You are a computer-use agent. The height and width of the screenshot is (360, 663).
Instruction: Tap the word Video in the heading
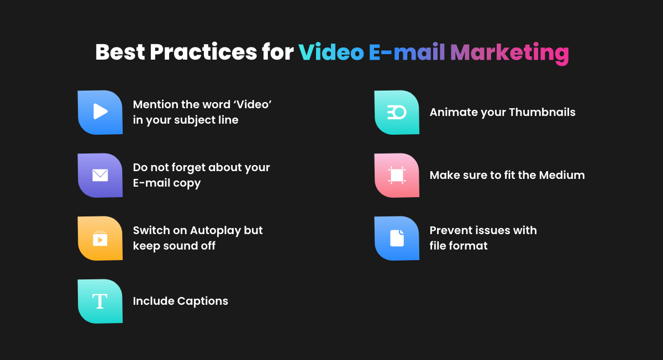(x=331, y=52)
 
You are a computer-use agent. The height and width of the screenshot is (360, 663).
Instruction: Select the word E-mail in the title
(x=407, y=52)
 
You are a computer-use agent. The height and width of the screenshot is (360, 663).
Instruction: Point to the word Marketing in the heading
(x=509, y=53)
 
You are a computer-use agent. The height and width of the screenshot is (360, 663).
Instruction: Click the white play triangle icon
(x=101, y=112)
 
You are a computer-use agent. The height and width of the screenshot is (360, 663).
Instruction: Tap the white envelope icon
(x=100, y=175)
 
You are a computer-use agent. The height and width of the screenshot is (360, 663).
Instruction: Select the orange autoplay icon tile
(x=100, y=239)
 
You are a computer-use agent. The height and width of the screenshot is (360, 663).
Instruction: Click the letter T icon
(x=100, y=301)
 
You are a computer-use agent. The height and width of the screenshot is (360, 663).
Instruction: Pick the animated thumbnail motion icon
(x=397, y=113)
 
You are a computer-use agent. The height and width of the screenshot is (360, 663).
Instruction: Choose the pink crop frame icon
(x=397, y=175)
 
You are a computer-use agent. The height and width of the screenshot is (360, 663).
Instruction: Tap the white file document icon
(x=397, y=238)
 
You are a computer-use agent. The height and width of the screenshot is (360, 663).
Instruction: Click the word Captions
(x=203, y=301)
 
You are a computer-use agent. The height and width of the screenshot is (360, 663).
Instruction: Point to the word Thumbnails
(x=542, y=112)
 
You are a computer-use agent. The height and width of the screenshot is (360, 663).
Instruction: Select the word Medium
(x=562, y=175)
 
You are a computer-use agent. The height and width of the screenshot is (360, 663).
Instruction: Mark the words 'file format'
(x=459, y=246)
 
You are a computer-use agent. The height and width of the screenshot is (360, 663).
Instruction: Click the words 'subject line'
(x=206, y=120)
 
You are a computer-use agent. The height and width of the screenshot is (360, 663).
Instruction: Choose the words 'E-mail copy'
(x=167, y=183)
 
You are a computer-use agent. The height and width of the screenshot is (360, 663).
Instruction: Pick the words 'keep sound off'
(x=174, y=246)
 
